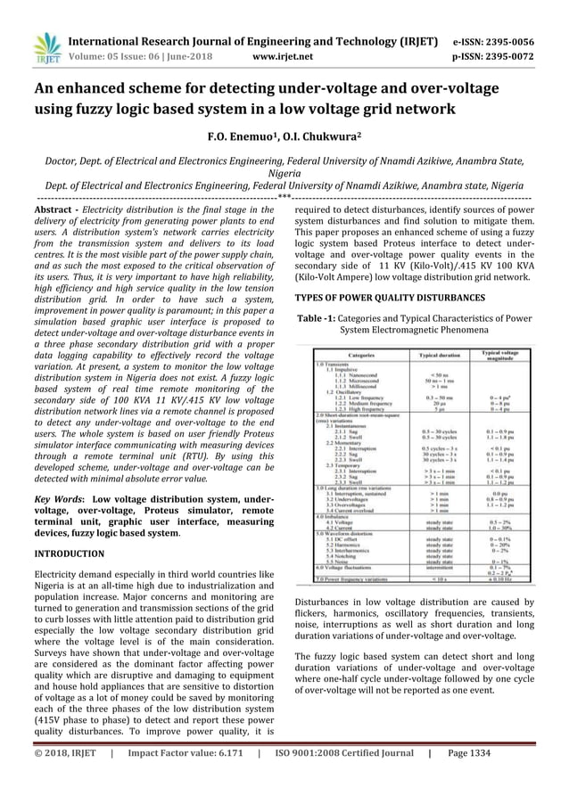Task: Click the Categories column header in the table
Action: point(367,355)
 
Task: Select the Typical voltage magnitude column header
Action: point(507,354)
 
